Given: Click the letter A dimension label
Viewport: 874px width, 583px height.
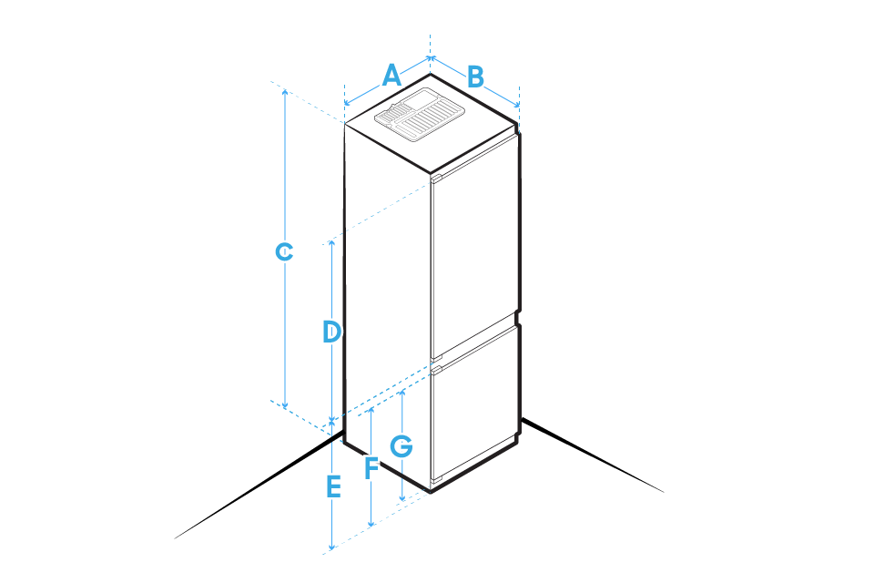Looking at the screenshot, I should click(x=391, y=75).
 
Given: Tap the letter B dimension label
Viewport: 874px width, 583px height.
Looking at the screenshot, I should click(x=475, y=77).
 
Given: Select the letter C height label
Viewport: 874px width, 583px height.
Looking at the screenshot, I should click(x=285, y=251).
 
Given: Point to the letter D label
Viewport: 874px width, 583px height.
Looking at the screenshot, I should click(x=332, y=332).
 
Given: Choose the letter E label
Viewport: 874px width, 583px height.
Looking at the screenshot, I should click(x=334, y=486).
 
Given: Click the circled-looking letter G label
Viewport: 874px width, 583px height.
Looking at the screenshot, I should click(x=401, y=446).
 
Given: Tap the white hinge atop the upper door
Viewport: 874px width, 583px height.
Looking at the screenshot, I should click(x=436, y=178).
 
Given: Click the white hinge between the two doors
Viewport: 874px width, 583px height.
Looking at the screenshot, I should click(x=436, y=370).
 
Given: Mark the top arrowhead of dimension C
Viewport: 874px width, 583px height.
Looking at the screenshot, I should click(x=285, y=91).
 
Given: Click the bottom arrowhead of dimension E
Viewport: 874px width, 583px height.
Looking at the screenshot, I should click(x=332, y=547).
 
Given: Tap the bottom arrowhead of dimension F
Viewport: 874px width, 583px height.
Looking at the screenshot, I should click(x=371, y=524).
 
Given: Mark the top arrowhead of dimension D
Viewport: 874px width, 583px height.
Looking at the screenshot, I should click(x=332, y=245).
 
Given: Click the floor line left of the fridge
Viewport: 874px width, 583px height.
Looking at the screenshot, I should click(x=255, y=487).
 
